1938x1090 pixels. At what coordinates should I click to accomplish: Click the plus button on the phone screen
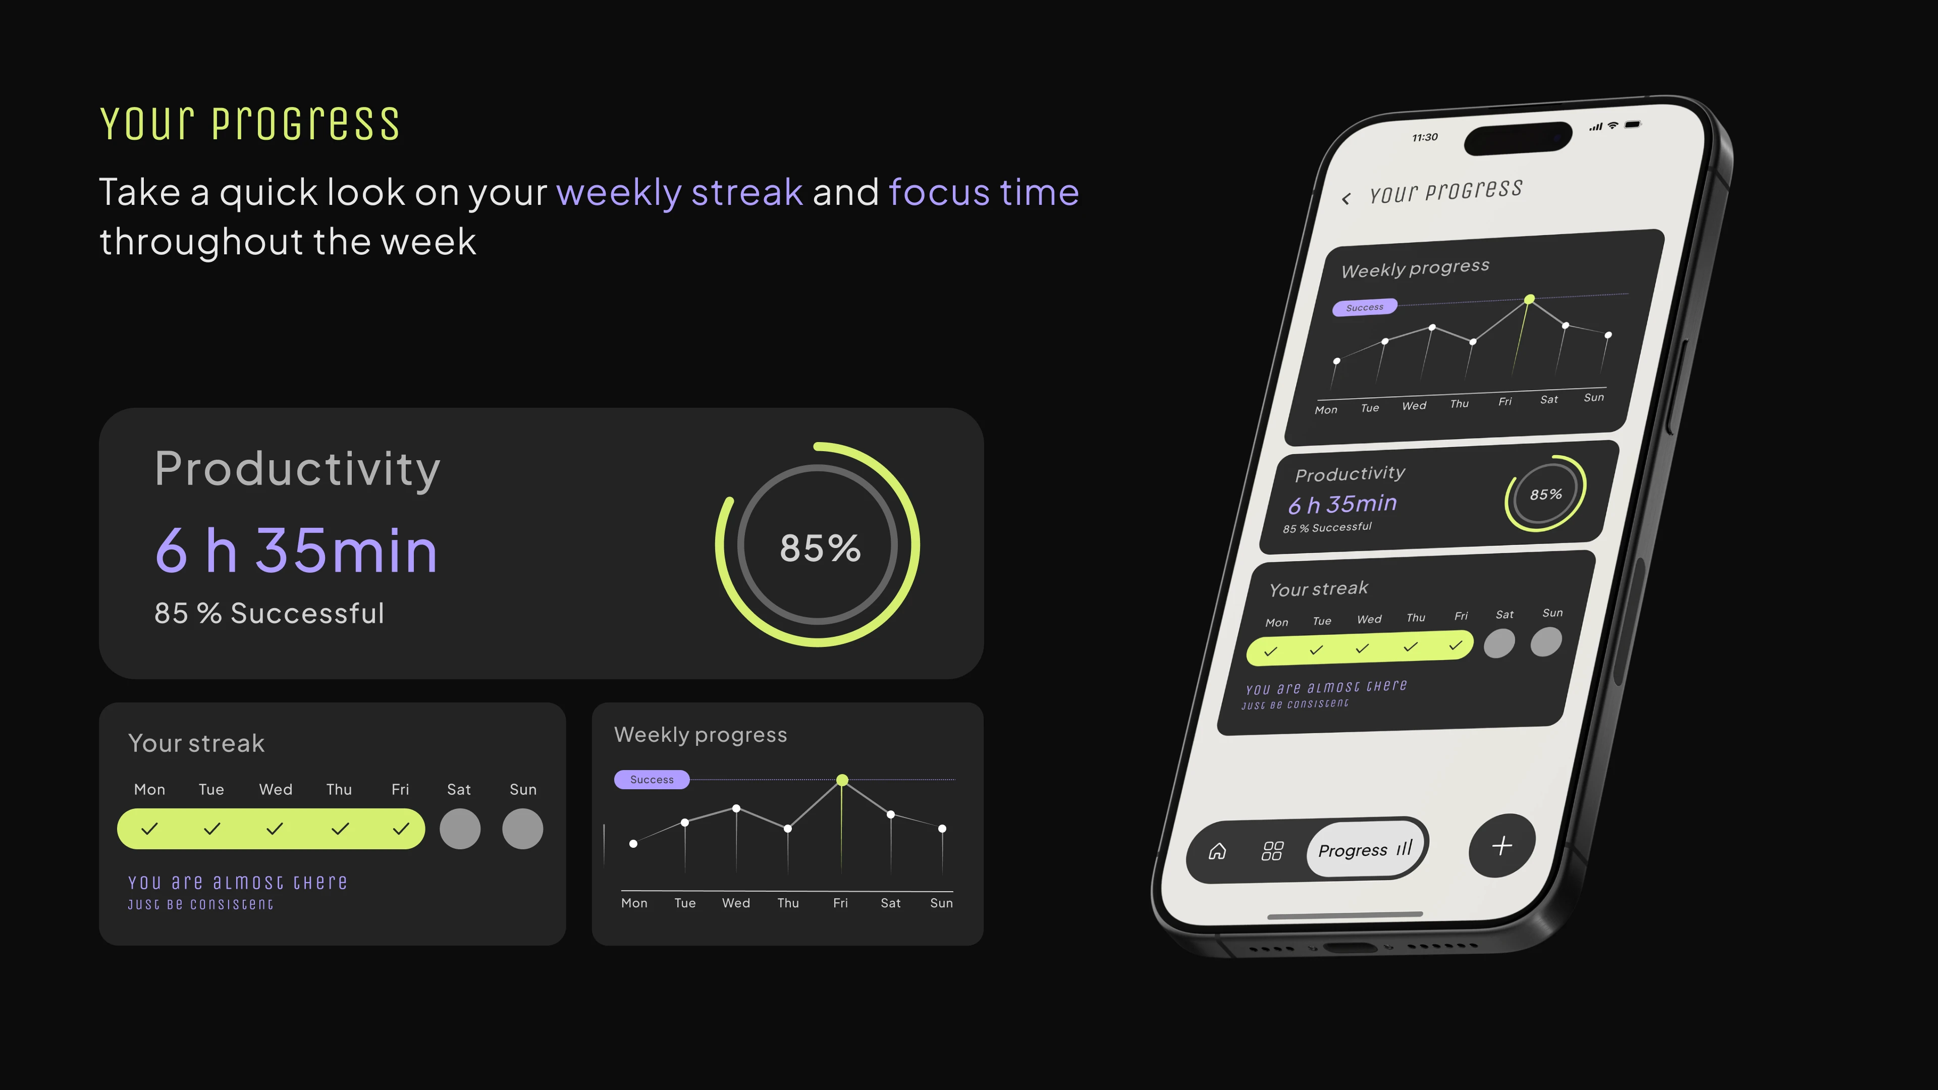[1501, 846]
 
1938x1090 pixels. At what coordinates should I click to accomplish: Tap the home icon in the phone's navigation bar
[1217, 851]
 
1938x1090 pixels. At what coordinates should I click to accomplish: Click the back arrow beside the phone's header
[1346, 199]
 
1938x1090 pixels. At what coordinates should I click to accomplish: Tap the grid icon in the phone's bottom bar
[1272, 851]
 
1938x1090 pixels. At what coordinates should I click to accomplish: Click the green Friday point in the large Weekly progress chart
[843, 780]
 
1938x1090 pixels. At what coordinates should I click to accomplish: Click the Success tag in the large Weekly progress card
[652, 779]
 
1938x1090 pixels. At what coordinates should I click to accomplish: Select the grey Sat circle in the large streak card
[460, 829]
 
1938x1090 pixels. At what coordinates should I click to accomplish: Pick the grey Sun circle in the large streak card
[523, 829]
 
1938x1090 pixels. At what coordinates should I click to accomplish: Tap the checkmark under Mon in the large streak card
[150, 829]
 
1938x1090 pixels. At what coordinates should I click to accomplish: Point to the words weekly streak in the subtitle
[679, 193]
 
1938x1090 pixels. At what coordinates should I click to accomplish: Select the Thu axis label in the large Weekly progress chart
[788, 903]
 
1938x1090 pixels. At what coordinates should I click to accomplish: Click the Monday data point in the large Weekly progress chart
[633, 844]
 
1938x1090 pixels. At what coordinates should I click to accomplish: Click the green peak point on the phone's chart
[1530, 299]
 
